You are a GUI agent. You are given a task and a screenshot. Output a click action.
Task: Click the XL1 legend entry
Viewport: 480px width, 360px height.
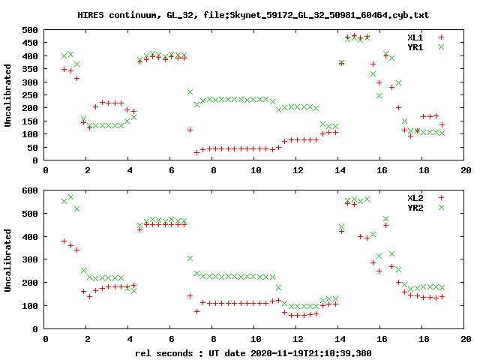tap(415, 37)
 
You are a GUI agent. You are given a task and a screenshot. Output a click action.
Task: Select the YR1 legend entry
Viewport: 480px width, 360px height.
tap(415, 46)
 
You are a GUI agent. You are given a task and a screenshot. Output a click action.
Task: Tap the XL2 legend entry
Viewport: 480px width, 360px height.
tap(415, 197)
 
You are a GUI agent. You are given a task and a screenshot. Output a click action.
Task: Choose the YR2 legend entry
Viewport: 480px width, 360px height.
tap(415, 207)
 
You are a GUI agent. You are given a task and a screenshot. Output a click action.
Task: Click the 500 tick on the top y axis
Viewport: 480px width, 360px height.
tap(30, 30)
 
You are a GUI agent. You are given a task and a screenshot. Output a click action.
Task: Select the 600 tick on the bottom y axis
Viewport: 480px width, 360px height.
tap(30, 190)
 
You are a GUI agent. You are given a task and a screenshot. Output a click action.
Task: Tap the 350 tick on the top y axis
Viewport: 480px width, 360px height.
tap(30, 69)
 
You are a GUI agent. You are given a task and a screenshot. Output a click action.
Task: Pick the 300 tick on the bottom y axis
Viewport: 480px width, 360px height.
tap(30, 259)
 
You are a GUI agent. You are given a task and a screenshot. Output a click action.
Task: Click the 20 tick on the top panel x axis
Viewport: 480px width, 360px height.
tap(466, 170)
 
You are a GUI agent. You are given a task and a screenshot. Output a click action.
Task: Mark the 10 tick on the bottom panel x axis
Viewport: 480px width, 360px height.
tap(256, 339)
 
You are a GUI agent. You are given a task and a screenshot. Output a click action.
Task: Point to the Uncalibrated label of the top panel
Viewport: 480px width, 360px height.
tap(8, 95)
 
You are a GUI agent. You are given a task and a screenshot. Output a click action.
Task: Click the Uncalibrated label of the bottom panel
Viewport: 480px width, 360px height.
tap(8, 259)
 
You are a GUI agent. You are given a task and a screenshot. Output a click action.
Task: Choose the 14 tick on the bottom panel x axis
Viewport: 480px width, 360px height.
tap(340, 339)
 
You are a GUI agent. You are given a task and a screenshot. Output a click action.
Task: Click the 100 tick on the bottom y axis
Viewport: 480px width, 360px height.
tap(30, 306)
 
